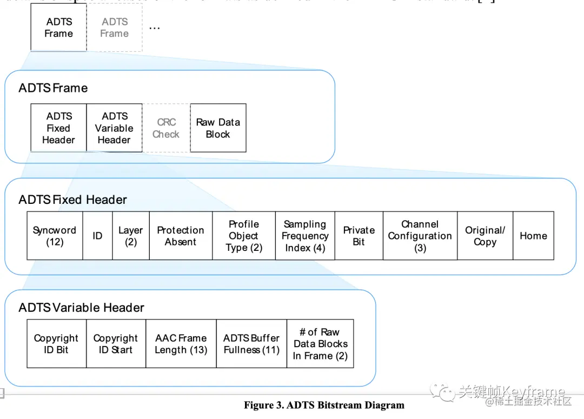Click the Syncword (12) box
(x=55, y=236)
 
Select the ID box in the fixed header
(x=97, y=236)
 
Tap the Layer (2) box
(x=130, y=236)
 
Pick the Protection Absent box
(x=181, y=236)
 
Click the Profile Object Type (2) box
(x=244, y=236)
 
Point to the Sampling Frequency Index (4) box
(x=305, y=236)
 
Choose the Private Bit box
(x=359, y=236)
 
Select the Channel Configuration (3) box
(x=420, y=236)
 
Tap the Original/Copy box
(x=485, y=236)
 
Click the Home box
(x=533, y=236)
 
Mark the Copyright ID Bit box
(x=56, y=344)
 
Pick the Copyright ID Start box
(x=116, y=344)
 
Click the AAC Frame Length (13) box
(x=181, y=344)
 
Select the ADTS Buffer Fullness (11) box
(x=251, y=344)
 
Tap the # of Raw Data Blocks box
(x=320, y=344)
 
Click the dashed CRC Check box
(x=166, y=128)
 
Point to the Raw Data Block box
(x=218, y=128)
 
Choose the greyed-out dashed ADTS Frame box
(x=115, y=28)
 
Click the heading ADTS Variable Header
(x=81, y=308)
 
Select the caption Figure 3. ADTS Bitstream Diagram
(x=324, y=405)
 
